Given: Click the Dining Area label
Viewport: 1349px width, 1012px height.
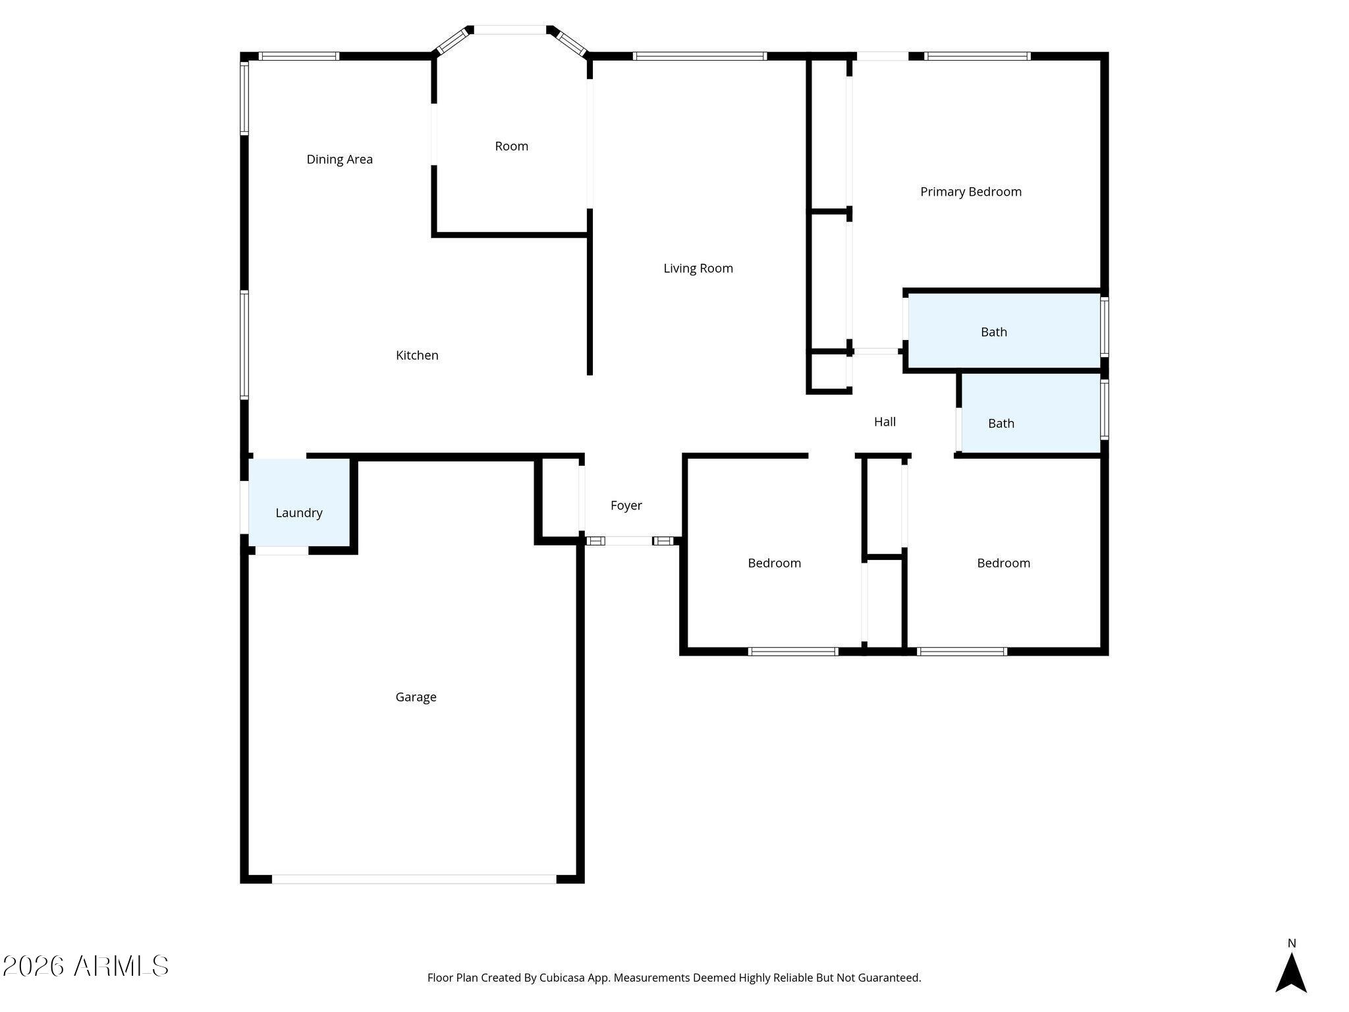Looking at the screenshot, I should pos(339,159).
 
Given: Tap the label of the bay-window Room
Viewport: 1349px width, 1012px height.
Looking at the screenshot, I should pos(511,146).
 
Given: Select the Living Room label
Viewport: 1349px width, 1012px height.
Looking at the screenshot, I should pos(698,268).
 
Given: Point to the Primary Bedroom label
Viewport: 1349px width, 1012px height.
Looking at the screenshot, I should pos(970,192).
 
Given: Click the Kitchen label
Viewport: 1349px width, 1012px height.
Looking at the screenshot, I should pos(416,355).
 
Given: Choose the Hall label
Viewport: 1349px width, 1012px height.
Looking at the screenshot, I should pos(884,422).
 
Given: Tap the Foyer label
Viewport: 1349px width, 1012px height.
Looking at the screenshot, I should pos(626,505).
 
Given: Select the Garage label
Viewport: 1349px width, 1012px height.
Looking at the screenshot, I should pos(416,696).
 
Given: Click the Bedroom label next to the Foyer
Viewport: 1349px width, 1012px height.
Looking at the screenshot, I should pos(774,563).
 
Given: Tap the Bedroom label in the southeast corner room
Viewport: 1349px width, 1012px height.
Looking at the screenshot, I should pos(1003,563).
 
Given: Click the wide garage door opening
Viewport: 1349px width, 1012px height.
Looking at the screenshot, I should pos(414,879).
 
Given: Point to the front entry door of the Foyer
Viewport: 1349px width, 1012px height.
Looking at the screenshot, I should pos(628,541).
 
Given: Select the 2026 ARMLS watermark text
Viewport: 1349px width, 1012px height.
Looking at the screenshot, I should pos(86,966).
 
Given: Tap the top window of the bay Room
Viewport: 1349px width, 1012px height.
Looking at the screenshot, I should pos(510,30).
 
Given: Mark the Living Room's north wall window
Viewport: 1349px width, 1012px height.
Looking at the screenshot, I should pos(700,56).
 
